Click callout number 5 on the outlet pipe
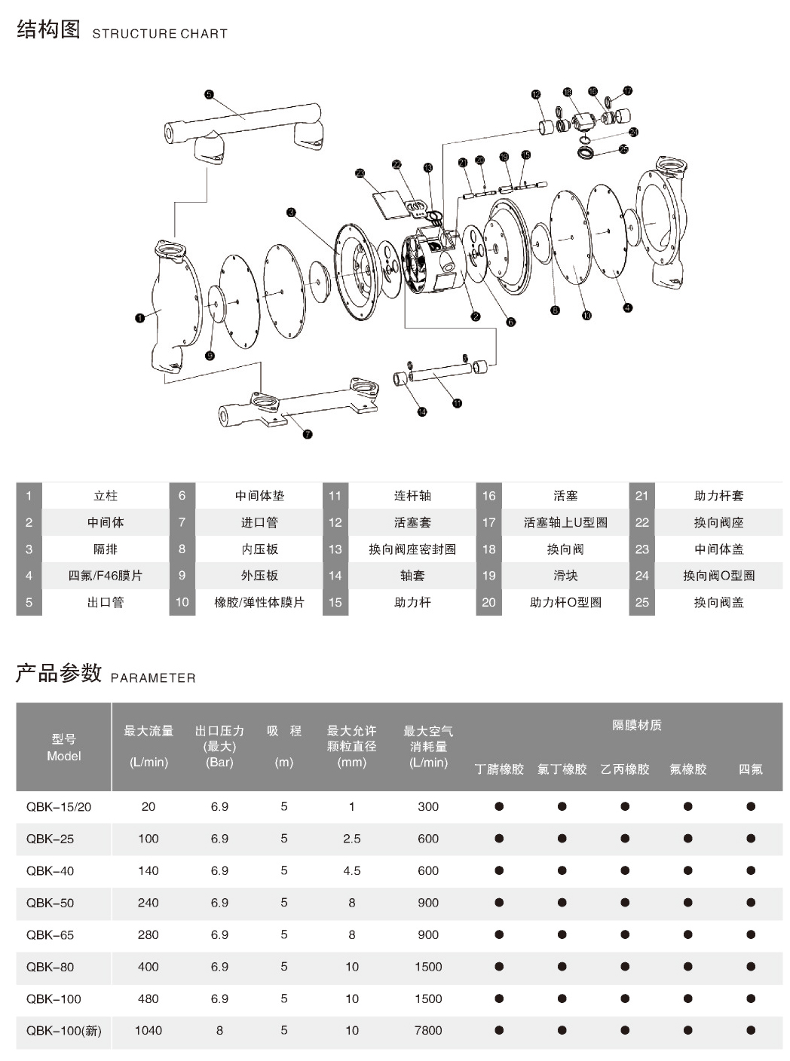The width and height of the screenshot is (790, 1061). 209,94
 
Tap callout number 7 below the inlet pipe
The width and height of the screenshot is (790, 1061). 308,434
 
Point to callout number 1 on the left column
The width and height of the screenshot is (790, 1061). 139,318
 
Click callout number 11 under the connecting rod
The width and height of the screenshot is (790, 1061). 457,403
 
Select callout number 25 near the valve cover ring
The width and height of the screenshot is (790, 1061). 623,149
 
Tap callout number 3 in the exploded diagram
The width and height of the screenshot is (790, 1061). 291,213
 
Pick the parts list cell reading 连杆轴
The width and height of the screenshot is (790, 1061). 412,496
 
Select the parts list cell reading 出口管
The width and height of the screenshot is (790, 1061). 106,602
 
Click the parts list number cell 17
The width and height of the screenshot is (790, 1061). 489,522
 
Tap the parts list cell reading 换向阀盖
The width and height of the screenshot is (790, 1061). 718,602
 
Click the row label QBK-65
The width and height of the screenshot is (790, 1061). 51,934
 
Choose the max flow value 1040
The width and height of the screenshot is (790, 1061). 149,1030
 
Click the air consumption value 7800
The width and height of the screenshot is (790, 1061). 428,1030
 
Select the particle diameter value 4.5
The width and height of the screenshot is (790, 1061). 352,870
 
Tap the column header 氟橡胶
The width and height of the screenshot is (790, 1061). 687,769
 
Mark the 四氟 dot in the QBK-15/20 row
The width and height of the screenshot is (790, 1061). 751,806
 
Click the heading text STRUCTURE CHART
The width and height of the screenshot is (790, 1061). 160,34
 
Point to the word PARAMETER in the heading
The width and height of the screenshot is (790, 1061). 153,678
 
